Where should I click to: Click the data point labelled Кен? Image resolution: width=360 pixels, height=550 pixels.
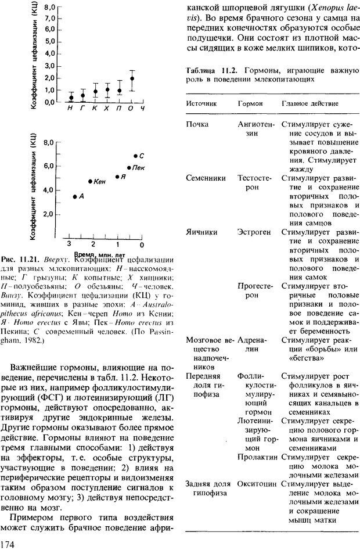(x=90, y=181)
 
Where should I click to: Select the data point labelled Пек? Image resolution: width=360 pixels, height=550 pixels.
(x=129, y=168)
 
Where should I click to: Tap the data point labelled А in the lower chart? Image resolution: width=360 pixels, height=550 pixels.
(x=75, y=197)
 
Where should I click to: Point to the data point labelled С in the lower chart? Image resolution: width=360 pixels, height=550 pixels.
(x=135, y=156)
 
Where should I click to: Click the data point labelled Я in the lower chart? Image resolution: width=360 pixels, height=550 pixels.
(x=117, y=177)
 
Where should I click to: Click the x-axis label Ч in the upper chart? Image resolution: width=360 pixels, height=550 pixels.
(x=143, y=109)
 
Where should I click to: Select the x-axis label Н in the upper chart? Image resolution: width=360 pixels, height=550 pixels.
(x=70, y=109)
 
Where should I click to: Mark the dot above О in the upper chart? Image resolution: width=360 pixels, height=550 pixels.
(x=132, y=78)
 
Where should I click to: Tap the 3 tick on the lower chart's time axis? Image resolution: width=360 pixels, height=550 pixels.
(x=69, y=243)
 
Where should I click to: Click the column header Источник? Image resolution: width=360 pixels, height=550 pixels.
(x=201, y=103)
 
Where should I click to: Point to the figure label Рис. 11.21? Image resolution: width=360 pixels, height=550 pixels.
(x=20, y=259)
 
